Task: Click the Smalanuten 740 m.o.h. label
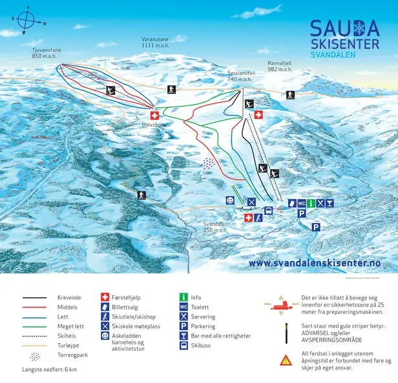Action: coord(242,76)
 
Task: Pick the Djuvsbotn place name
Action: coord(154,119)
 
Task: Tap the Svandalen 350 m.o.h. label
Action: coord(214,227)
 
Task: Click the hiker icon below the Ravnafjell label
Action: coord(291,95)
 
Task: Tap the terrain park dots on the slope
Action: coord(208,164)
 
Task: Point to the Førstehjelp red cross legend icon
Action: coord(105,297)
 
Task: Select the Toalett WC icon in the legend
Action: coord(183,307)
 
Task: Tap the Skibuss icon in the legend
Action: coord(183,346)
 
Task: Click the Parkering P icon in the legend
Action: coord(183,327)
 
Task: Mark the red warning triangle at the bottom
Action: coord(286,360)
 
